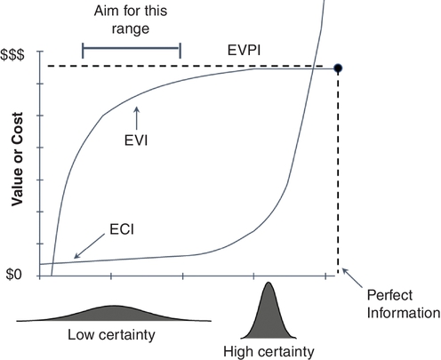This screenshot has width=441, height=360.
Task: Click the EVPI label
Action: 244,51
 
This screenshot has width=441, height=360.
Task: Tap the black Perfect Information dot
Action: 338,68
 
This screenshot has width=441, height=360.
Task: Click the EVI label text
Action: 136,140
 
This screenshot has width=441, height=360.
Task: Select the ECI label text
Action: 122,229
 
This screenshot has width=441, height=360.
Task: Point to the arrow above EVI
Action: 136,118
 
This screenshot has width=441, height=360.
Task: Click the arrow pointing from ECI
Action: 89,246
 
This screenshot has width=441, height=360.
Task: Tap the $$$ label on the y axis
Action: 12,55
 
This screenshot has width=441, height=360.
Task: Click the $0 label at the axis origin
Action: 14,275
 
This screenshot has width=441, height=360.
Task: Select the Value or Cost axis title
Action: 17,159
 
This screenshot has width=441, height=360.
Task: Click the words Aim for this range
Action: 131,20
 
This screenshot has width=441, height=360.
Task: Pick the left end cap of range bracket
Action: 83,51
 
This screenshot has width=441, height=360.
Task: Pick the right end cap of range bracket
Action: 180,51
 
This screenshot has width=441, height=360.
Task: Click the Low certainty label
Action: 111,335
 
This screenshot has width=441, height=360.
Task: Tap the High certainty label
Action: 269,352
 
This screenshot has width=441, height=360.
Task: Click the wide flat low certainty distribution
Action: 114,315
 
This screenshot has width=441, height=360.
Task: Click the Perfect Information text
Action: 404,304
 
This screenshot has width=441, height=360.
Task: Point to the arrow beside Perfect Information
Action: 352,278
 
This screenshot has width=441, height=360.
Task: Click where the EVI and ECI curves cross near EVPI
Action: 313,68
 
